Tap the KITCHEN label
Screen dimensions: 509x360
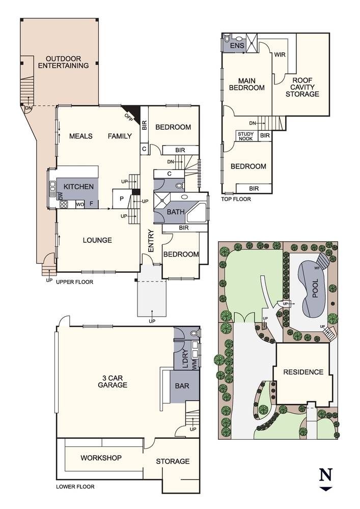click(78, 187)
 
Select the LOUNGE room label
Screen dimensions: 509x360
click(97, 240)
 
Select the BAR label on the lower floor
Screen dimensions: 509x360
click(182, 386)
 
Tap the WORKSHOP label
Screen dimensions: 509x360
click(101, 458)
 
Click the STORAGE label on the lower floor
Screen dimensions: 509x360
click(173, 461)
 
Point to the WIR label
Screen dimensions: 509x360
click(280, 54)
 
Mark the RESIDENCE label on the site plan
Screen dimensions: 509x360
click(304, 372)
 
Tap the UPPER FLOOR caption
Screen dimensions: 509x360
click(74, 281)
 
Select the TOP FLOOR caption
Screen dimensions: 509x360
click(237, 199)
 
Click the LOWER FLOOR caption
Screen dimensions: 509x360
click(75, 487)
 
